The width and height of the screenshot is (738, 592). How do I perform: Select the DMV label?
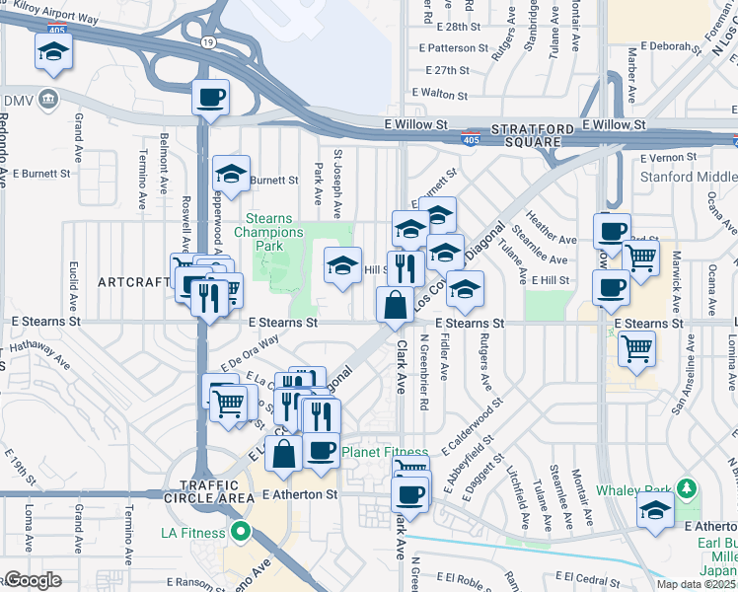(x=18, y=101)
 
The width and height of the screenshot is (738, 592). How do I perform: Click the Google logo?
(x=33, y=580)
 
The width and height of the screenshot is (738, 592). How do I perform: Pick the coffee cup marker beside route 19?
(x=211, y=99)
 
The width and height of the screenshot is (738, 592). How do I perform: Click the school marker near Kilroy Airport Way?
(x=53, y=52)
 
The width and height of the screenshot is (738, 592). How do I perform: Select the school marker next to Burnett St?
(x=230, y=175)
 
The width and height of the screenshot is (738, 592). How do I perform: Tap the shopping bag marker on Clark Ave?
(x=395, y=306)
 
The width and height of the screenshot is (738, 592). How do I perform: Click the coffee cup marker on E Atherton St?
(x=409, y=492)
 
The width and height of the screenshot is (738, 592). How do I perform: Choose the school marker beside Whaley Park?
(x=653, y=512)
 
